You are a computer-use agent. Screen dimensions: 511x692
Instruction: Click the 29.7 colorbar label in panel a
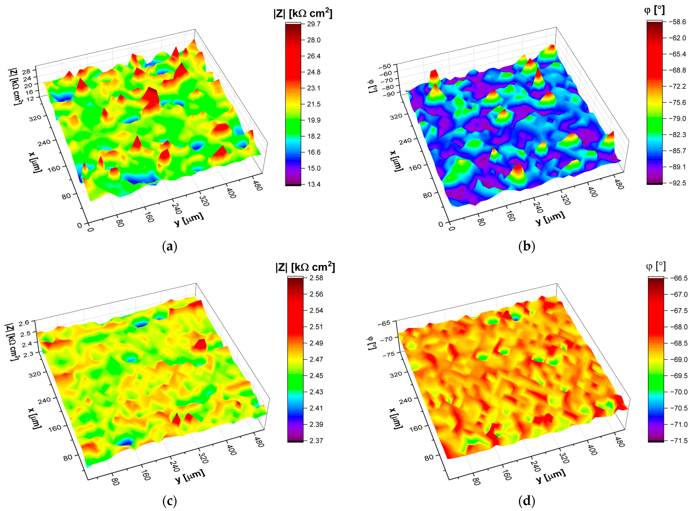coord(314,24)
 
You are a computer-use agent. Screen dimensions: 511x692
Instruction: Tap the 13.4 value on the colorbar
coord(314,184)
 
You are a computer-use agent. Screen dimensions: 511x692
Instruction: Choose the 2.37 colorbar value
coord(316,440)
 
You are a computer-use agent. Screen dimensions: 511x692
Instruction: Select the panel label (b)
coord(526,246)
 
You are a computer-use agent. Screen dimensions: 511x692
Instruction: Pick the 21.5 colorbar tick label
coord(314,104)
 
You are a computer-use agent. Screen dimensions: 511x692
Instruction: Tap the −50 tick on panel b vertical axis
coord(387,66)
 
